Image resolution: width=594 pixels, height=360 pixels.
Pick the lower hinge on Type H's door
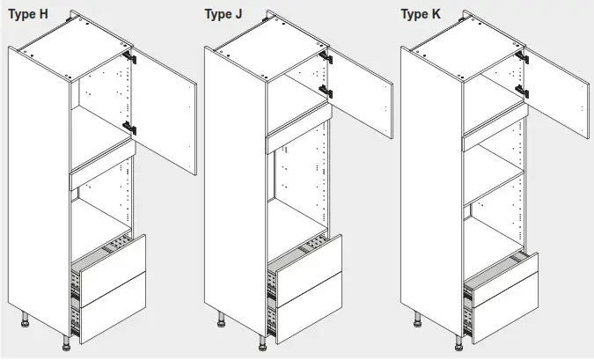[x=130, y=129]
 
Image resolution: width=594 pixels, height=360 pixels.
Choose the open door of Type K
[x=557, y=97]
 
